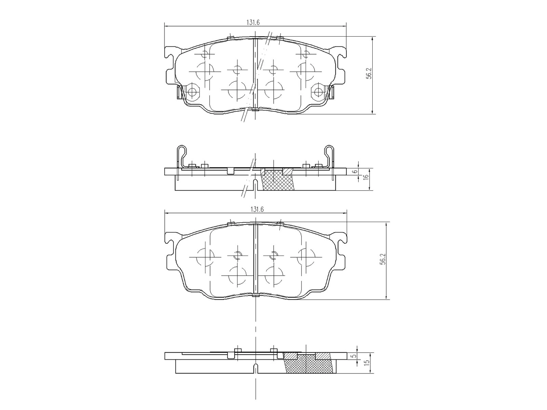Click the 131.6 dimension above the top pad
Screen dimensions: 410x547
click(x=253, y=23)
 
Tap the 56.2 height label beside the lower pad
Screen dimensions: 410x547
click(x=383, y=259)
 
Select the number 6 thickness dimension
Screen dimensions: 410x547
click(x=355, y=172)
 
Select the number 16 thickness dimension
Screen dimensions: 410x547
click(x=365, y=177)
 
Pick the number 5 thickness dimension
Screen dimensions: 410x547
click(x=355, y=356)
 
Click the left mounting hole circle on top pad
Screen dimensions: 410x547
click(x=192, y=92)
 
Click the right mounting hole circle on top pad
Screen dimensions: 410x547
click(x=319, y=92)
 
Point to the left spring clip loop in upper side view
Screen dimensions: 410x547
click(x=182, y=151)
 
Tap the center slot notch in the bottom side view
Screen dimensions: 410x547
click(x=256, y=368)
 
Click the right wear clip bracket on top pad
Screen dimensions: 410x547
click(x=332, y=92)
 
